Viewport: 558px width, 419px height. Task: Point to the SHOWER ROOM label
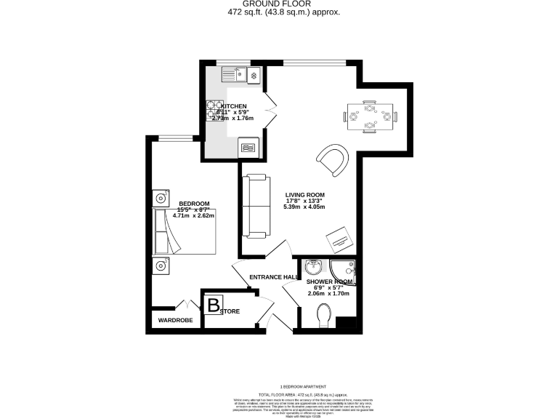(329, 282)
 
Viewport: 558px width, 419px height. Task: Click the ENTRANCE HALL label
(273, 277)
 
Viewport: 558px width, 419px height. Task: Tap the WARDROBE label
(175, 319)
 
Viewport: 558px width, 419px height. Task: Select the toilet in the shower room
(325, 314)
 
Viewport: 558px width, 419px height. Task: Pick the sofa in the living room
(255, 206)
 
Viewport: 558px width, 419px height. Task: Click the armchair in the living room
(333, 159)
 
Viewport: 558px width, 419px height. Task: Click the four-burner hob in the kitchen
(215, 109)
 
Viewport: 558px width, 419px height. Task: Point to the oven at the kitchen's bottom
(248, 148)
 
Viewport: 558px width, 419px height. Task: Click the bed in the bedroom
(185, 231)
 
